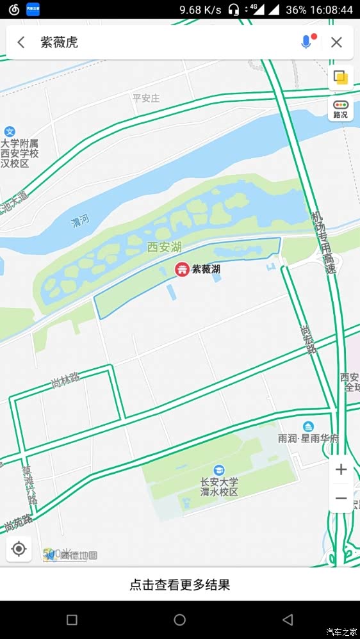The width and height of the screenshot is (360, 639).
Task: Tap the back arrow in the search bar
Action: point(21,42)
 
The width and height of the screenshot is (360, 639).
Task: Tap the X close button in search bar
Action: point(336,42)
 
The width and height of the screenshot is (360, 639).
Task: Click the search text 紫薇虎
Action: point(59,42)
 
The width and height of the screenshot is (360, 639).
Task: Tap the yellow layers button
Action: point(341,77)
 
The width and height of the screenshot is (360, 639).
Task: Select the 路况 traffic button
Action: point(341,109)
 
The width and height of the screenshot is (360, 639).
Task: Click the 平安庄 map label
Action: point(145,98)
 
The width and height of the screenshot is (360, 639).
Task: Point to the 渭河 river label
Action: point(80,222)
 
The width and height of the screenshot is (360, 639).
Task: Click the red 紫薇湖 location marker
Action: point(182,270)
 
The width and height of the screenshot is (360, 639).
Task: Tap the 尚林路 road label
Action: point(65,382)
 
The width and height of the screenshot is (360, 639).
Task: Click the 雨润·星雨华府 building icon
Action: point(308,426)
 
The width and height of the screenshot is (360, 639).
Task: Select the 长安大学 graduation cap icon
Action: point(220,471)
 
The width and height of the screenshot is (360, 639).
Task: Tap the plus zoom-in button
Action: point(341,469)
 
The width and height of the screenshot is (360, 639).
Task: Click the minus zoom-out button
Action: point(341,498)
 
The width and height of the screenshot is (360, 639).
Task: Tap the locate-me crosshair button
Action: point(19,549)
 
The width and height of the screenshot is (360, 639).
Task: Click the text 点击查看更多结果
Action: point(180,584)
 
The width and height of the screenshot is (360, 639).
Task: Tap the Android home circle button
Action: point(180,620)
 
